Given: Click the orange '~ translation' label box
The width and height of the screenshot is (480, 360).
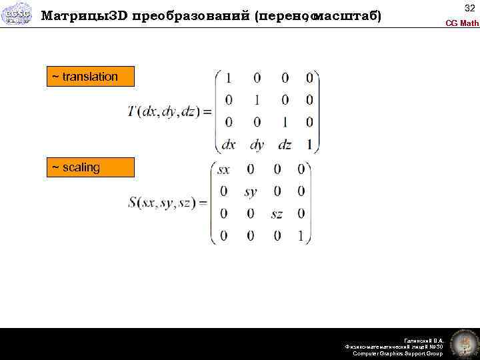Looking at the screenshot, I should coord(90,77).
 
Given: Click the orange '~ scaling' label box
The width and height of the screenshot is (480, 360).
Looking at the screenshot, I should coord(90,167).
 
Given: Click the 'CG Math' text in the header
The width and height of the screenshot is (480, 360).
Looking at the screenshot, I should coord(461,23).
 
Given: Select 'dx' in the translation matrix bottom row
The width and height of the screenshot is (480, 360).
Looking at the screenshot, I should coord(229,143).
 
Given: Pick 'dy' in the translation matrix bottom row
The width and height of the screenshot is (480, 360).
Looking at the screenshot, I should coord(257,143).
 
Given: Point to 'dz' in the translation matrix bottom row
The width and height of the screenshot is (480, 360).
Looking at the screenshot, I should coord(285,143).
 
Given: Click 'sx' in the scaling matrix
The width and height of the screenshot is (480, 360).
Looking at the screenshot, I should coord(223,169).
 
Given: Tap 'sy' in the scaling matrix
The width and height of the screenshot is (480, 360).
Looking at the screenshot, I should coord(250,192).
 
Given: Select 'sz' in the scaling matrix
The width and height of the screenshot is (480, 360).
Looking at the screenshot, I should coord(277,214).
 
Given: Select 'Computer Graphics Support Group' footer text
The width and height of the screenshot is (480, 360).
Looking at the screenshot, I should coord(397,353).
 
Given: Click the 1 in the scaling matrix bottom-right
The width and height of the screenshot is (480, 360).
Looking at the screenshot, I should coord(301,235).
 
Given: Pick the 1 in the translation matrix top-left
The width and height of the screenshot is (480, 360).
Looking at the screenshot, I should coord(229,79).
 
